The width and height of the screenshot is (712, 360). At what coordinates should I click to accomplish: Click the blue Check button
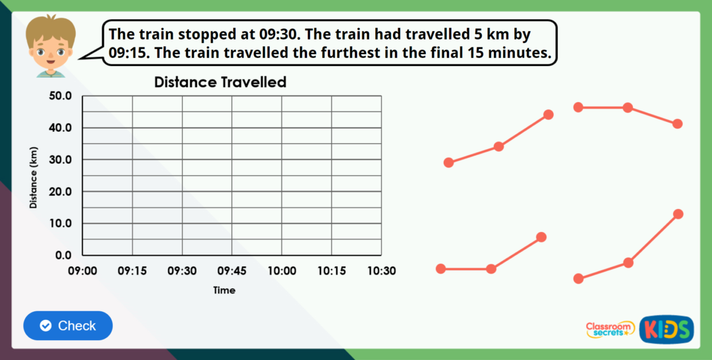coord(68,326)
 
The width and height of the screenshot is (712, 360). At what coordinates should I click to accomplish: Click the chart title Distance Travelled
coord(220,82)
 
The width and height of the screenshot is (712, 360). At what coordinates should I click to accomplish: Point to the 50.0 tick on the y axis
coord(60,96)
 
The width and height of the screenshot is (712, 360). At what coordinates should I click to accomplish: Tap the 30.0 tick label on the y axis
coord(60,160)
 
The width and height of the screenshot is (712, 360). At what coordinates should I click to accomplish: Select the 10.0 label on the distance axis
coord(60,224)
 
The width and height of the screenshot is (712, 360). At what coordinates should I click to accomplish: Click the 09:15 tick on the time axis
coord(133,271)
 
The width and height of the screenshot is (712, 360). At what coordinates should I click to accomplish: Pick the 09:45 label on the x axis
coord(231,271)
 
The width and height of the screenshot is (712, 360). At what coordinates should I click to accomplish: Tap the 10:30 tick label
coord(381,271)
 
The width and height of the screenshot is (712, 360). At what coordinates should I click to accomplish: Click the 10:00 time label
coord(282,271)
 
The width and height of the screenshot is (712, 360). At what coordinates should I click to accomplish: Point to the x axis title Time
coord(224,290)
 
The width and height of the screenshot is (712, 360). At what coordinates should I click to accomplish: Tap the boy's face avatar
coord(51,46)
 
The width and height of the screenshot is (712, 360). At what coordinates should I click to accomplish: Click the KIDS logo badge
coord(666,329)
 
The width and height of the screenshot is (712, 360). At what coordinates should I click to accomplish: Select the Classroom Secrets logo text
coord(610,329)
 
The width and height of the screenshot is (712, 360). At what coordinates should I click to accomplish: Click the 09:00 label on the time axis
coord(82,271)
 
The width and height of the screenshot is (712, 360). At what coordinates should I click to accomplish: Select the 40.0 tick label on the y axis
coord(60,128)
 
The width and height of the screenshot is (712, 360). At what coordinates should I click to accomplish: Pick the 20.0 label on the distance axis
coord(60,192)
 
